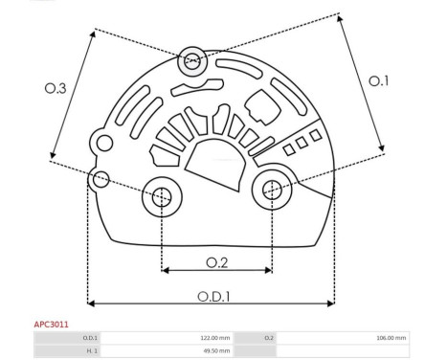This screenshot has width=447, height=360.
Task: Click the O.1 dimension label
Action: [379, 81]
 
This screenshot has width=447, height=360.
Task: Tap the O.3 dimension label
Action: [56, 88]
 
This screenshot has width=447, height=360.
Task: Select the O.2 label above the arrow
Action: [217, 262]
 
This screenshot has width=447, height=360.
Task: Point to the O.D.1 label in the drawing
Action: [213, 297]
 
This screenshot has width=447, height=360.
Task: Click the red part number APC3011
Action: [51, 325]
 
